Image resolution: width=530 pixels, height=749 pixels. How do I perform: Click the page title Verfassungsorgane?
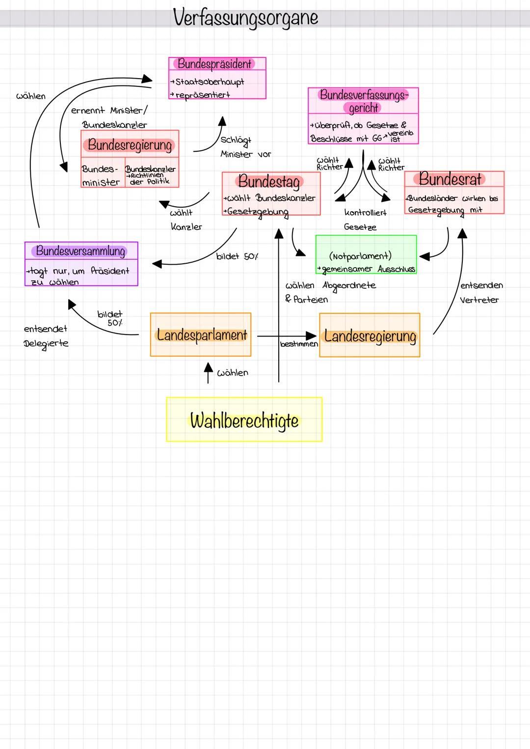pos(245,18)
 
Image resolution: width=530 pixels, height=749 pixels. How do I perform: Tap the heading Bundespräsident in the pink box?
pos(214,64)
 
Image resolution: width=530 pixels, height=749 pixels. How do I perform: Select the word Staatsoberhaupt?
pos(210,82)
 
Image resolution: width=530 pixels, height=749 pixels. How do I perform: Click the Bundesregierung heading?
pos(130,145)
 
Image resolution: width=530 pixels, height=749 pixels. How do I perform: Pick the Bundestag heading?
pos(269,182)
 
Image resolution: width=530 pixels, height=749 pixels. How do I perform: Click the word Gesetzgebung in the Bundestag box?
pos(258,212)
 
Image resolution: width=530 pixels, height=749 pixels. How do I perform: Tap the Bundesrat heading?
pos(450,179)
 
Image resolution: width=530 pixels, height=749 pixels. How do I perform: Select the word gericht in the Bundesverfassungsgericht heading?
pos(364,108)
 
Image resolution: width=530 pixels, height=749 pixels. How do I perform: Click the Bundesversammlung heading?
pos(81,251)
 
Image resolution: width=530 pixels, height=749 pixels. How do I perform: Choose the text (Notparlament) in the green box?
pos(360,256)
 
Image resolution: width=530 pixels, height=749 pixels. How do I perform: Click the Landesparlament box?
pos(201,335)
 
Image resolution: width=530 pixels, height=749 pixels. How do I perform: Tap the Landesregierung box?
pos(370,336)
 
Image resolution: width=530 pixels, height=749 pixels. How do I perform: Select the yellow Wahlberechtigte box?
pos(244,420)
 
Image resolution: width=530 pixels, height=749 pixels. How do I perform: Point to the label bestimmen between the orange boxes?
pos(299,344)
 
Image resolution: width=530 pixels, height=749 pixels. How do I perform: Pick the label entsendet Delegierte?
pos(46,336)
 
